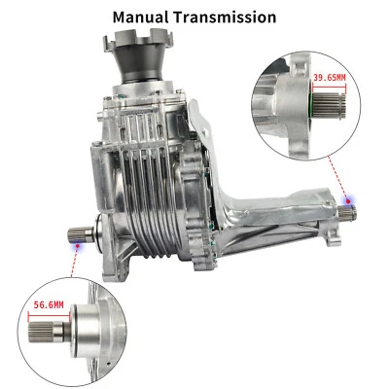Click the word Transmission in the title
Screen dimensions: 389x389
[230, 18]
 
